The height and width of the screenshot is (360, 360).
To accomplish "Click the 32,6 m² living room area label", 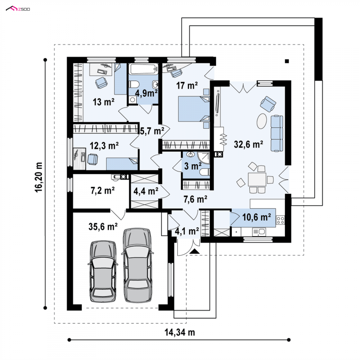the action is click(x=248, y=144).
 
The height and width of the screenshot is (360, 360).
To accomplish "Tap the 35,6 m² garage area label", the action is click(x=103, y=227).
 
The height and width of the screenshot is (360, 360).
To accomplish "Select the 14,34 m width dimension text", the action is click(x=180, y=332).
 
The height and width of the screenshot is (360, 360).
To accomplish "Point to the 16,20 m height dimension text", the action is click(x=39, y=177).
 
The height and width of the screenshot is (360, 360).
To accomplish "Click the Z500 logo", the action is click(x=18, y=9).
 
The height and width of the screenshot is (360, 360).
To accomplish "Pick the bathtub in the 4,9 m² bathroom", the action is click(x=143, y=69).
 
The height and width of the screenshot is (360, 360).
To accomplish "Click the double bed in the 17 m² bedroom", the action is click(x=194, y=109).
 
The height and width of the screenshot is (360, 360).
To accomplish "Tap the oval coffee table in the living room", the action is click(x=262, y=121).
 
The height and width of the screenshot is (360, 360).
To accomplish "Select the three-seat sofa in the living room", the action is click(x=277, y=133).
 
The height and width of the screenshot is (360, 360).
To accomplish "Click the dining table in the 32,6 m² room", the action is click(x=257, y=179).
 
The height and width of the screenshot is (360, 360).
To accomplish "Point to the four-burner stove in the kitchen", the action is click(x=280, y=220).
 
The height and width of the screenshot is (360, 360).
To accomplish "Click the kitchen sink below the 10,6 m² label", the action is click(x=259, y=232).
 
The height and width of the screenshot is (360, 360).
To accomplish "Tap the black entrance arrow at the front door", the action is click(x=195, y=251).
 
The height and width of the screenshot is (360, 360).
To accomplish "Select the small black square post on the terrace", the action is click(x=287, y=61).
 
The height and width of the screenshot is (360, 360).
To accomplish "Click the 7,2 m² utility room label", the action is click(x=103, y=190).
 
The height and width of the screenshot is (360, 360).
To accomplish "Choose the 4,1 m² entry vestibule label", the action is click(x=187, y=231).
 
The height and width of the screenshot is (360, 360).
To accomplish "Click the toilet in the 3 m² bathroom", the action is click(x=204, y=172).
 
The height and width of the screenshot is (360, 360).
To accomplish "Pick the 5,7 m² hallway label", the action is click(x=152, y=131).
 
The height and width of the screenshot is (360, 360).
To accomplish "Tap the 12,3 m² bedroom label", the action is click(x=104, y=145).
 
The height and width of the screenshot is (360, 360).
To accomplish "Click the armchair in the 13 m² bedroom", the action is click(x=101, y=82).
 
